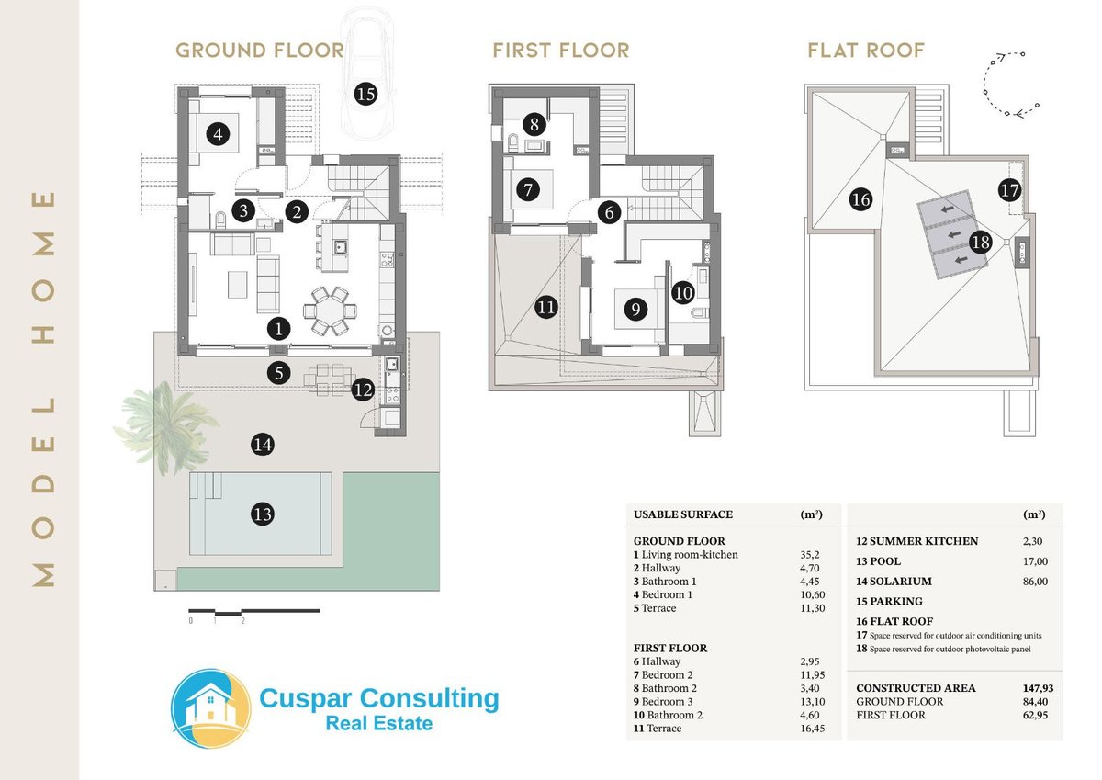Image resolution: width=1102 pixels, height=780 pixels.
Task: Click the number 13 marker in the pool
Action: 263,514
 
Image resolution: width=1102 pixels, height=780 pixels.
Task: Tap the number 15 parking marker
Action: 365,94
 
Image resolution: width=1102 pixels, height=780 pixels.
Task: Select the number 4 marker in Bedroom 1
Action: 218,134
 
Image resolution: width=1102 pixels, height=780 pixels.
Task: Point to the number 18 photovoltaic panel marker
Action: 980,242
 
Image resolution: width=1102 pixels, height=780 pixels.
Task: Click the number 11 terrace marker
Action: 546,308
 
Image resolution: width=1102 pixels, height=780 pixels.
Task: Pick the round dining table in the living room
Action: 330,311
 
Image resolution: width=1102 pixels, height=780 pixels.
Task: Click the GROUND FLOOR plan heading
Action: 260,51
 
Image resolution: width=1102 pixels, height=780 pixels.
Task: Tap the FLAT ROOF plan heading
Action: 866,51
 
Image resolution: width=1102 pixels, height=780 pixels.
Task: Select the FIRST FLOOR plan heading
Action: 561,51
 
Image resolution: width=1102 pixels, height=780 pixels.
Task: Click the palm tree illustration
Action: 164,425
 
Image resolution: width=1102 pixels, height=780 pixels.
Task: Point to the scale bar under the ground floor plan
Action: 254,612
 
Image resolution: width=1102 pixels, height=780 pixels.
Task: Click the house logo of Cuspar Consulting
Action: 211,708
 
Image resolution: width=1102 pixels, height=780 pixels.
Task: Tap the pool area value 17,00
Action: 1035,561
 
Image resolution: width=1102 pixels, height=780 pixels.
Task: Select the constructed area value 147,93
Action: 1038,688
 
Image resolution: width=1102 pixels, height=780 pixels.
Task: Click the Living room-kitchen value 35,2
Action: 810,555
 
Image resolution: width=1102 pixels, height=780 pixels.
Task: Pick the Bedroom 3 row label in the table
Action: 663,702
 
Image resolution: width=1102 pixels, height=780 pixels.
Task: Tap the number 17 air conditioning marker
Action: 1009,190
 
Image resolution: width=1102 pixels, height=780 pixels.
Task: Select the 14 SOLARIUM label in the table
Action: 894,582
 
